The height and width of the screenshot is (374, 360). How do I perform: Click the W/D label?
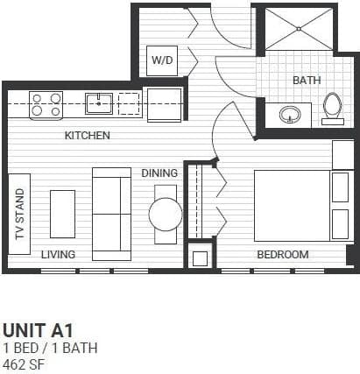(162, 60)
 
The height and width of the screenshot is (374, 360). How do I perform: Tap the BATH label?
(307, 80)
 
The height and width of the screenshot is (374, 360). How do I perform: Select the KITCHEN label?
(88, 136)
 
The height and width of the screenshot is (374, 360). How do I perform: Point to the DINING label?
(159, 173)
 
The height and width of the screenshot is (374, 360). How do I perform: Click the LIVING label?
(58, 254)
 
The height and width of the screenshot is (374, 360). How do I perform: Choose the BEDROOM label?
(282, 255)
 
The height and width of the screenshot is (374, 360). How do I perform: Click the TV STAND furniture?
(19, 214)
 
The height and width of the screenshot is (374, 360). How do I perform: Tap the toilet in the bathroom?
(332, 106)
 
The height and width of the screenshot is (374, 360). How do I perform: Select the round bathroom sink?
(290, 114)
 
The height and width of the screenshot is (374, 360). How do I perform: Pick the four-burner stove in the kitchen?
(46, 104)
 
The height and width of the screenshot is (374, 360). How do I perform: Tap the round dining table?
(165, 213)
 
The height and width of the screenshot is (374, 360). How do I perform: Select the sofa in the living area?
(110, 212)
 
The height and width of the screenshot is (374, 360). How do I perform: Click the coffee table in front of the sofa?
(62, 213)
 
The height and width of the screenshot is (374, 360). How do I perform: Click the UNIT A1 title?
(38, 330)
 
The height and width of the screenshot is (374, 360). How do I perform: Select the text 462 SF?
(24, 363)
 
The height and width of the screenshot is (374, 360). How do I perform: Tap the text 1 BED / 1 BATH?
(49, 348)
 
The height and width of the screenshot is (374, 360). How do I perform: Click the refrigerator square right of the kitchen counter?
(164, 105)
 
